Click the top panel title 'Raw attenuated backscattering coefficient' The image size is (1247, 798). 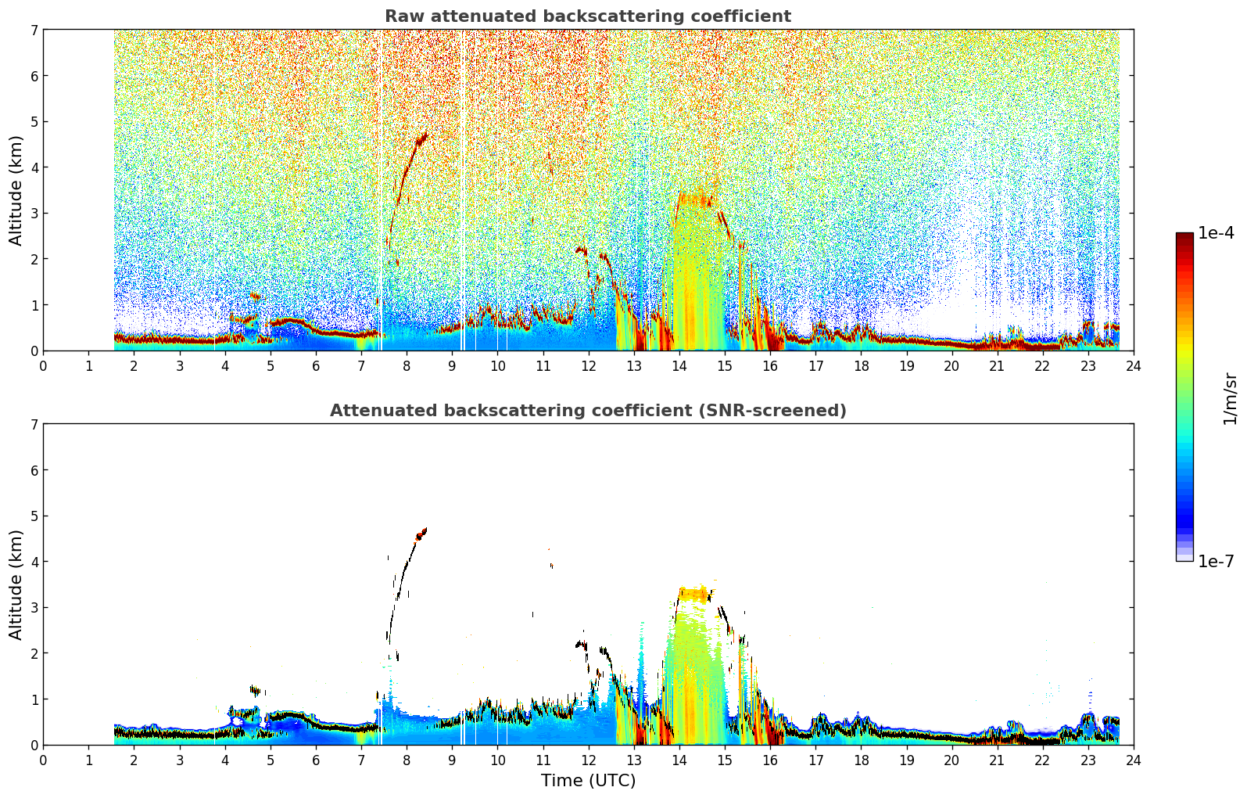click(x=588, y=16)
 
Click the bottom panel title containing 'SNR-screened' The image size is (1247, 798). click(x=588, y=411)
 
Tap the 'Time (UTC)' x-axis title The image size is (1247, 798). click(x=588, y=780)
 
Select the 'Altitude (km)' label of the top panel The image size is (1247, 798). click(x=16, y=191)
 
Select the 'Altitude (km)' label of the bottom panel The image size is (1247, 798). click(x=16, y=584)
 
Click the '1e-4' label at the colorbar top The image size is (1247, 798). click(x=1215, y=233)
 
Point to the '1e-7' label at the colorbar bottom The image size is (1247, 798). click(x=1215, y=561)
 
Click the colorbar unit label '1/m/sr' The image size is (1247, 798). click(x=1230, y=399)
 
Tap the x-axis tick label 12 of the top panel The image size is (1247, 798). click(x=589, y=366)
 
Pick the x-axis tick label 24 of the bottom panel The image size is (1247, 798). click(x=1134, y=760)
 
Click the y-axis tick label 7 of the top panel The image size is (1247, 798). click(x=34, y=30)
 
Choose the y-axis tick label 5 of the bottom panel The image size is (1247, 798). click(x=34, y=516)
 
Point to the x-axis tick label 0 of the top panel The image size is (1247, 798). click(x=44, y=366)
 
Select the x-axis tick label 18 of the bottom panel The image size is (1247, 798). click(x=862, y=760)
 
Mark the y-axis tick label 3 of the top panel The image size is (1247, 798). click(x=34, y=214)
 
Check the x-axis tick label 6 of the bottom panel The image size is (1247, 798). click(x=316, y=760)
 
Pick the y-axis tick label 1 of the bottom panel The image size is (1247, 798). click(x=34, y=699)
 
